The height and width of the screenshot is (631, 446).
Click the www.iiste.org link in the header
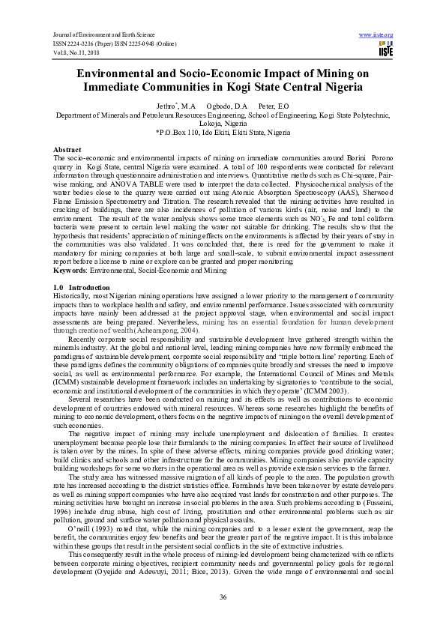pos(376,35)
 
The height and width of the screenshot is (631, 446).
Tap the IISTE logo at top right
pos(385,49)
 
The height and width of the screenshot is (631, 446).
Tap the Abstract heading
pos(68,150)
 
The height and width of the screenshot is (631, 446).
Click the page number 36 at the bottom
pos(223,597)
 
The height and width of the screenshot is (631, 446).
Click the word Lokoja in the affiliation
pos(206,124)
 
